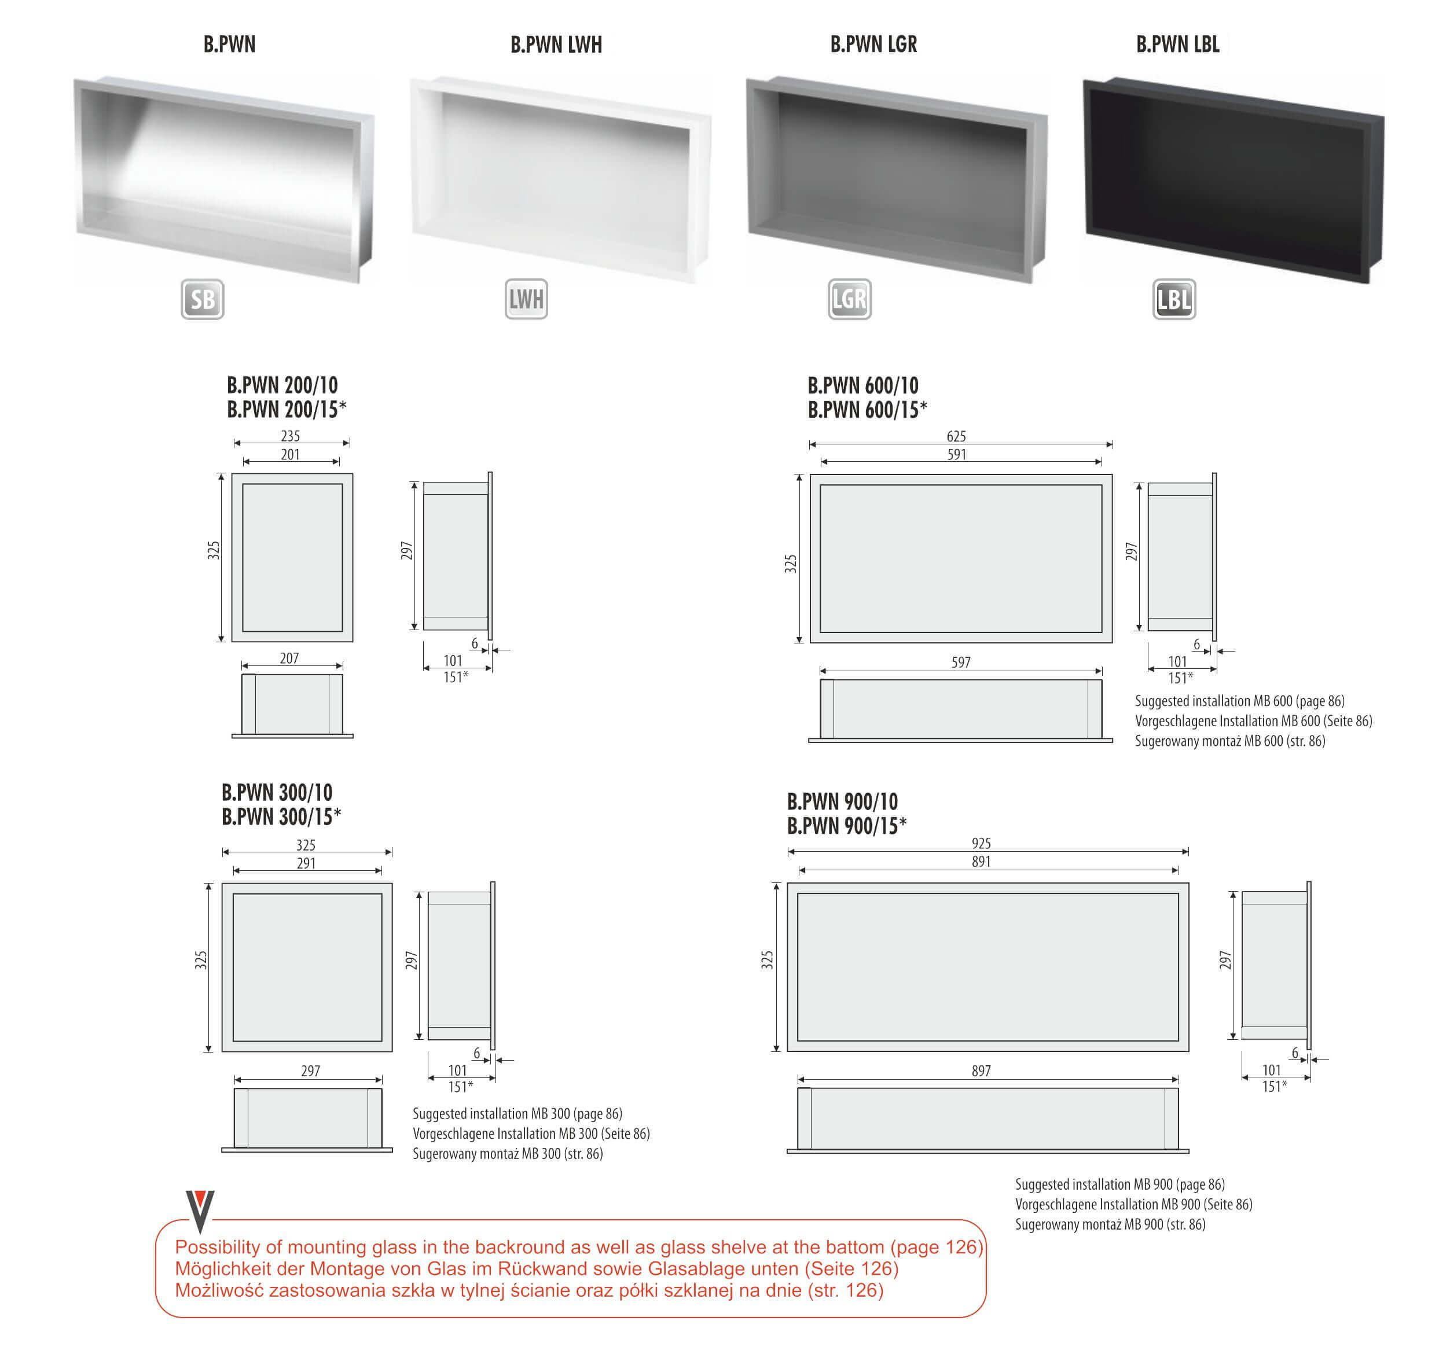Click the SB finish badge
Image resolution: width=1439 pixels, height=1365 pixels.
(x=203, y=299)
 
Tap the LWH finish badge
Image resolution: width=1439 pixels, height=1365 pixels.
(x=526, y=299)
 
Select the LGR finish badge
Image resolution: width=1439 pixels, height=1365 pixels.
(x=849, y=299)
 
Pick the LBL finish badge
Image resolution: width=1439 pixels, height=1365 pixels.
(x=1174, y=299)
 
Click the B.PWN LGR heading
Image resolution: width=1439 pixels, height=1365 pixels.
(x=873, y=45)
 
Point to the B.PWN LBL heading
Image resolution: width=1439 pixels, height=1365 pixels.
(x=1178, y=45)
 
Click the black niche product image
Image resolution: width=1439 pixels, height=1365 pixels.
(x=1233, y=181)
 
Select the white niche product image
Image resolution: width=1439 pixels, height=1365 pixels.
(x=560, y=180)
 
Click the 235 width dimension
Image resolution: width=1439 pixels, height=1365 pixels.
(x=291, y=436)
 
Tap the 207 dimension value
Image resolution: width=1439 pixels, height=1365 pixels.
(x=289, y=658)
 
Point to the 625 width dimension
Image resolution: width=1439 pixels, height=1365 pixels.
(x=956, y=436)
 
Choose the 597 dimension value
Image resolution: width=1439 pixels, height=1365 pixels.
(x=961, y=662)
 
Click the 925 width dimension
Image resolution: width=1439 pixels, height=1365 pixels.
(x=981, y=843)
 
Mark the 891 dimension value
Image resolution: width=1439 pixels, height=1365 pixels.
(x=981, y=862)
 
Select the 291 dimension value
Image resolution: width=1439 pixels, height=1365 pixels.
(x=306, y=863)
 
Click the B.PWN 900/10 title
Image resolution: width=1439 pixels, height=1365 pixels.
(x=842, y=802)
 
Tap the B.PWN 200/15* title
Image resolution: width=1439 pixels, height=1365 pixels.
(x=286, y=410)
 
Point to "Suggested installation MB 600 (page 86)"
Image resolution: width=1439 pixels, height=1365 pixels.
(x=1239, y=701)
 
